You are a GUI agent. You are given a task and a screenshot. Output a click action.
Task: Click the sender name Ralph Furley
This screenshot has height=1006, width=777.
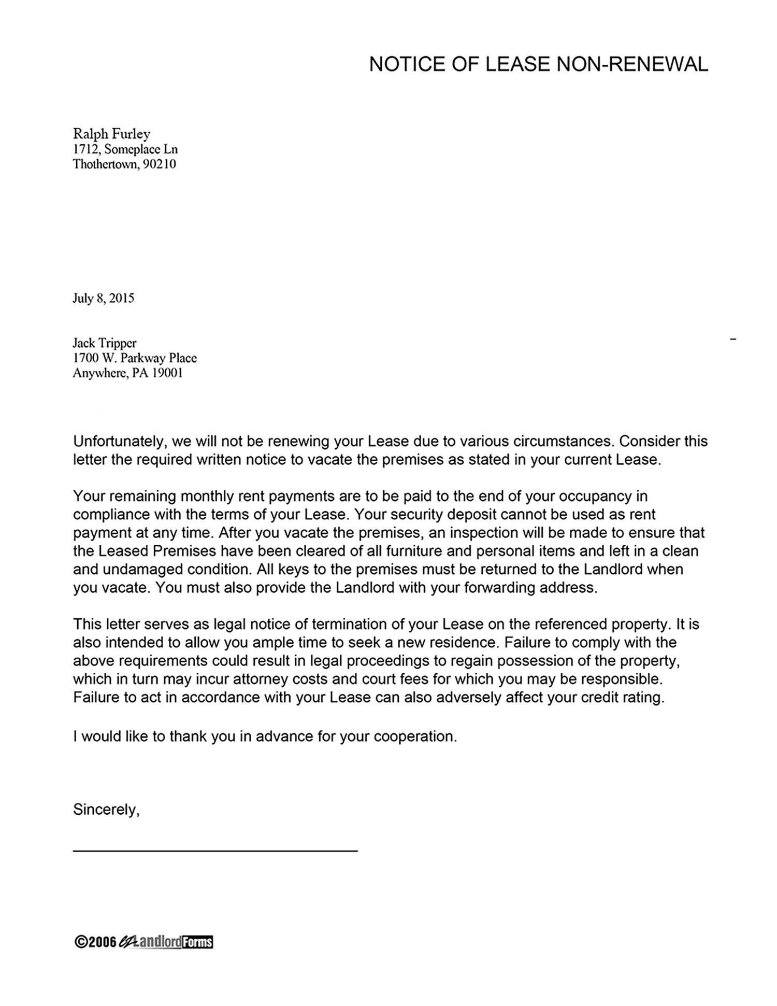click(x=111, y=134)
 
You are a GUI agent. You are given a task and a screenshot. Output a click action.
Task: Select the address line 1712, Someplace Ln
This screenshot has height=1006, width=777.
click(x=125, y=149)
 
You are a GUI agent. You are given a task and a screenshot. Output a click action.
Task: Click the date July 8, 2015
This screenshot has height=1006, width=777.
click(x=103, y=298)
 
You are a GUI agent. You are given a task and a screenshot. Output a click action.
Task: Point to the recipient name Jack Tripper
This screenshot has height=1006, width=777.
click(x=104, y=343)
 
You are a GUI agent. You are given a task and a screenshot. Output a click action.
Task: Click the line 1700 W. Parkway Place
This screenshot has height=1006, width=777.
click(x=135, y=358)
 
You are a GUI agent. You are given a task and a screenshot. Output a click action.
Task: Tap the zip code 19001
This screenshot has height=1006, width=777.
click(x=167, y=373)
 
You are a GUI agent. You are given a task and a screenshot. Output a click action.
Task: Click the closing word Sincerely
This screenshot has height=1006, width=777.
click(x=106, y=810)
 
